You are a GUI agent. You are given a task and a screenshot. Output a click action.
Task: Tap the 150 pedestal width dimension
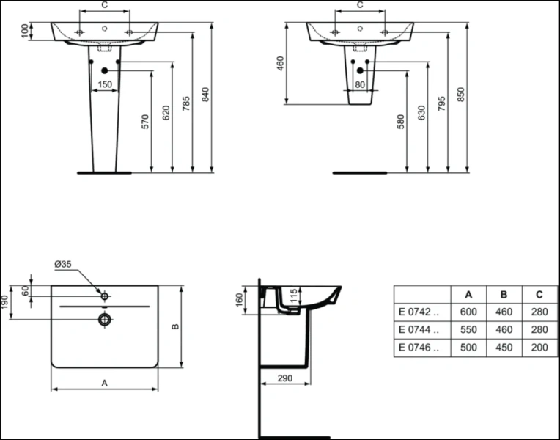[105, 85]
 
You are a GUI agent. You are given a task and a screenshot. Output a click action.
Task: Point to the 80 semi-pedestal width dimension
[360, 85]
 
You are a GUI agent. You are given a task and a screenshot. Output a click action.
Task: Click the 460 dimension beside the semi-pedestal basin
[280, 65]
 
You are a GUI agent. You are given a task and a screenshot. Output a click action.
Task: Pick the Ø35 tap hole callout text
[63, 264]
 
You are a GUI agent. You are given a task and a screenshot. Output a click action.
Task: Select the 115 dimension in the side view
[294, 296]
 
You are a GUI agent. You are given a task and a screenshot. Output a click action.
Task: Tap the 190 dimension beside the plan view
[6, 302]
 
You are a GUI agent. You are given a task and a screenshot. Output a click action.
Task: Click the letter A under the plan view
[104, 382]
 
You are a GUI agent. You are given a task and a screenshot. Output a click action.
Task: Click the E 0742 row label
[417, 311]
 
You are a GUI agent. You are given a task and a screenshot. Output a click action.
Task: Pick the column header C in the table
[539, 294]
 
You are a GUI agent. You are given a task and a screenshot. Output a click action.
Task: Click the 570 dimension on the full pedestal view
[145, 121]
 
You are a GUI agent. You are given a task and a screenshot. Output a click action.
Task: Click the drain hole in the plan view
[105, 319]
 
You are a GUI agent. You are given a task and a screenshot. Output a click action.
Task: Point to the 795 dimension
[441, 103]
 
